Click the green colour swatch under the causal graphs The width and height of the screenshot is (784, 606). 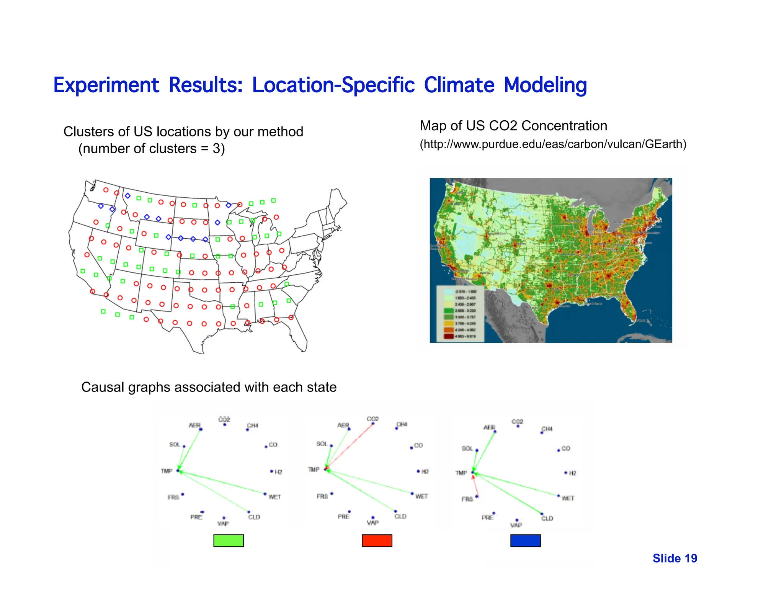pos(229,540)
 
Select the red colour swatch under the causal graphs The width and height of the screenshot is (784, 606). pos(377,540)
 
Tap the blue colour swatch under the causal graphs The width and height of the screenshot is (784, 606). pos(525,540)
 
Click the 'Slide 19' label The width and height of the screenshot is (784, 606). pos(675,559)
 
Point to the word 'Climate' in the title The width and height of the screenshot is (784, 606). pos(459,85)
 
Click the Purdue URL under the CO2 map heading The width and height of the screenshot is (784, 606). pos(553,144)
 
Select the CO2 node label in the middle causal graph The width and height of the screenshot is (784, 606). pos(372,419)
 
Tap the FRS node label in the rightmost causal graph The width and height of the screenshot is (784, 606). pos(467,499)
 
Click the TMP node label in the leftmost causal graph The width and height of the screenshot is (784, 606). pos(167,471)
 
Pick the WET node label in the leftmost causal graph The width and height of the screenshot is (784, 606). pos(275,497)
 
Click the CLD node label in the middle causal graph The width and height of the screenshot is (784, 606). pos(400,516)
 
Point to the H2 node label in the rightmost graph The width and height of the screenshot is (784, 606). pos(573,473)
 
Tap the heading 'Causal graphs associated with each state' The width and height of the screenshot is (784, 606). pos(209,387)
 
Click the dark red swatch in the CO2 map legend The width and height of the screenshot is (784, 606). pos(448,336)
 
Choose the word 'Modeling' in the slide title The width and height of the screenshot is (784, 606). pos(545,85)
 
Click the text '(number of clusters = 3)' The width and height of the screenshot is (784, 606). pos(152,149)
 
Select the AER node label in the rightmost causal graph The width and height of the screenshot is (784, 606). pos(489,427)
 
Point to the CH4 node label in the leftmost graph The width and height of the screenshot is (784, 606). pos(253,425)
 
